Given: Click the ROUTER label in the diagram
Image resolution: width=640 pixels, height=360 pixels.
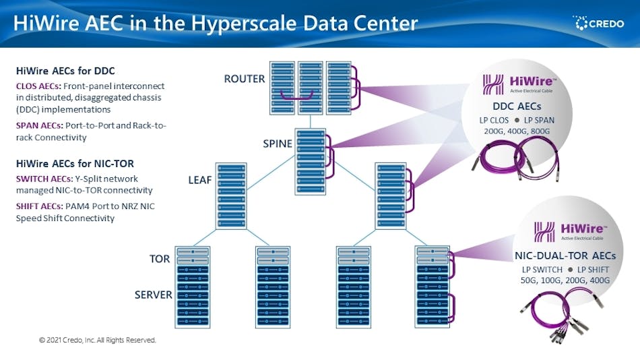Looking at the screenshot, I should [245, 79].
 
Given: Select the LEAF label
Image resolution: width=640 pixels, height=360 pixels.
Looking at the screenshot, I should [200, 179].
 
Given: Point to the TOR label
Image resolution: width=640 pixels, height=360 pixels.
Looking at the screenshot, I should [160, 259].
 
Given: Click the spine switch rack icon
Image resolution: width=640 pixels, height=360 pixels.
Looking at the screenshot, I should [310, 162].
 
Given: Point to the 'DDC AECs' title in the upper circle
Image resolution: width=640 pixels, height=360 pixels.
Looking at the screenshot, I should [517, 107].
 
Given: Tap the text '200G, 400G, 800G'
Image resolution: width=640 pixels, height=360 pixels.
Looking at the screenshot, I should [517, 132].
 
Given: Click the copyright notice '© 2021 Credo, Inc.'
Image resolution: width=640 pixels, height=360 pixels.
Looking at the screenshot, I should [97, 340].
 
